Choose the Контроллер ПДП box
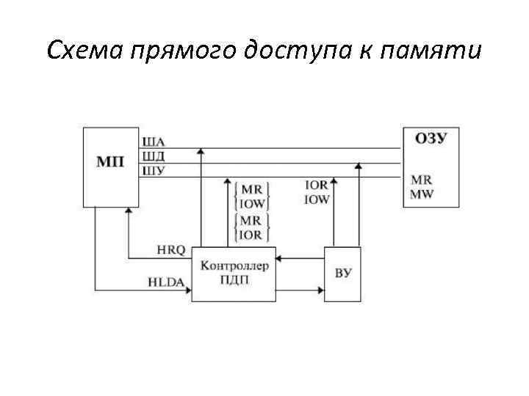(234, 274)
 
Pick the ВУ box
(343, 274)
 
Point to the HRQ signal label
(171, 250)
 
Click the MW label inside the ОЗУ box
(422, 193)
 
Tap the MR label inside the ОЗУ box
(421, 180)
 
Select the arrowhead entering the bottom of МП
(129, 211)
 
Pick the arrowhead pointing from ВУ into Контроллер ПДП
(281, 258)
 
